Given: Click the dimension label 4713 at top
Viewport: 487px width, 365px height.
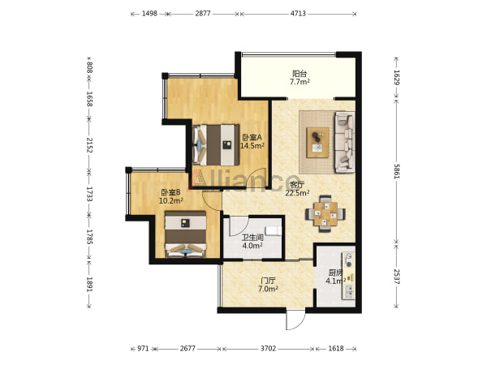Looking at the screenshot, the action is [x=298, y=13].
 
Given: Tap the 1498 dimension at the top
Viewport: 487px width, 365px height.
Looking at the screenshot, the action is [x=149, y=13].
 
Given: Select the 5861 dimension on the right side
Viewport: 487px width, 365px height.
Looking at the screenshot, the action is [x=397, y=171].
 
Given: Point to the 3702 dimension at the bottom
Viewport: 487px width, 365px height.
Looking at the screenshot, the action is [x=268, y=349].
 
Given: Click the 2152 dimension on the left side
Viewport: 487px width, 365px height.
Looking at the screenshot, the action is [x=89, y=145].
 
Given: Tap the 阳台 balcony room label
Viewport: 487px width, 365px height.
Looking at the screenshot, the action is [x=300, y=74].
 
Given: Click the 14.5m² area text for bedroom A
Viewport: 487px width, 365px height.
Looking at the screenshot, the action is [x=252, y=145].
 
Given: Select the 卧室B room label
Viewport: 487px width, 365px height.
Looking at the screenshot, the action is [x=170, y=192].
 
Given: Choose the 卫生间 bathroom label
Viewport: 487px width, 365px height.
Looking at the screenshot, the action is [x=252, y=238].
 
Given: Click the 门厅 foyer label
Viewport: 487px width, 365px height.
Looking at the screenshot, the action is [x=268, y=281].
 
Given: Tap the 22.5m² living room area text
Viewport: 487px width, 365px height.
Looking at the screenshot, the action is [x=297, y=193].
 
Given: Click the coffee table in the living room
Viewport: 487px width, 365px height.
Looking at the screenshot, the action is [x=317, y=143].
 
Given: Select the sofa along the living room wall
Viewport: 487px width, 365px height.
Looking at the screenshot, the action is [x=344, y=142].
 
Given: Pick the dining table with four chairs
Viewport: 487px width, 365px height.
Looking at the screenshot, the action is [x=325, y=214].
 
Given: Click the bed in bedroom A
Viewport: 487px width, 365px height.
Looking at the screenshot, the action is [x=216, y=145].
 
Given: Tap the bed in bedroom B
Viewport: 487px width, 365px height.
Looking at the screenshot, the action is [x=185, y=234].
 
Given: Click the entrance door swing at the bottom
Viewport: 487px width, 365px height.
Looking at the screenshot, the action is [x=295, y=320].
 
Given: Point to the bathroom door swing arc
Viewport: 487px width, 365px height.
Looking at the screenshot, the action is [x=239, y=226].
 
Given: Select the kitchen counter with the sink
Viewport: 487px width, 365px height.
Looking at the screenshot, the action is [x=348, y=276].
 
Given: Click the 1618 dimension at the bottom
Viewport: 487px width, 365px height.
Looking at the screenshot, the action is [x=336, y=349].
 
